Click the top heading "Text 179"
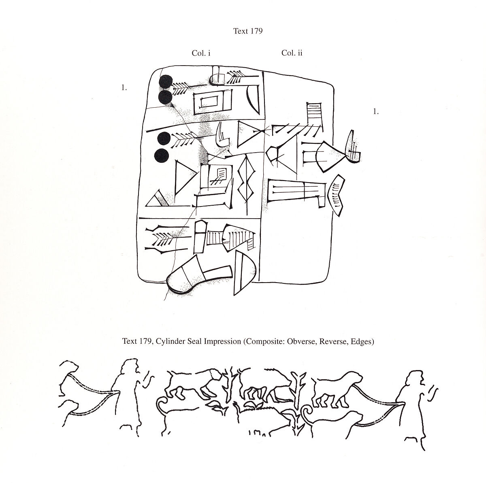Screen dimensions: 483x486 248,31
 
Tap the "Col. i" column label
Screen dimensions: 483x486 201,53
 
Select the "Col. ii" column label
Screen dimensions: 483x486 292,53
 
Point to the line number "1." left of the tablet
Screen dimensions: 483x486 124,87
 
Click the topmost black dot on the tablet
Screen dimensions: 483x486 165,82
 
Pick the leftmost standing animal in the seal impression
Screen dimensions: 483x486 192,385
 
